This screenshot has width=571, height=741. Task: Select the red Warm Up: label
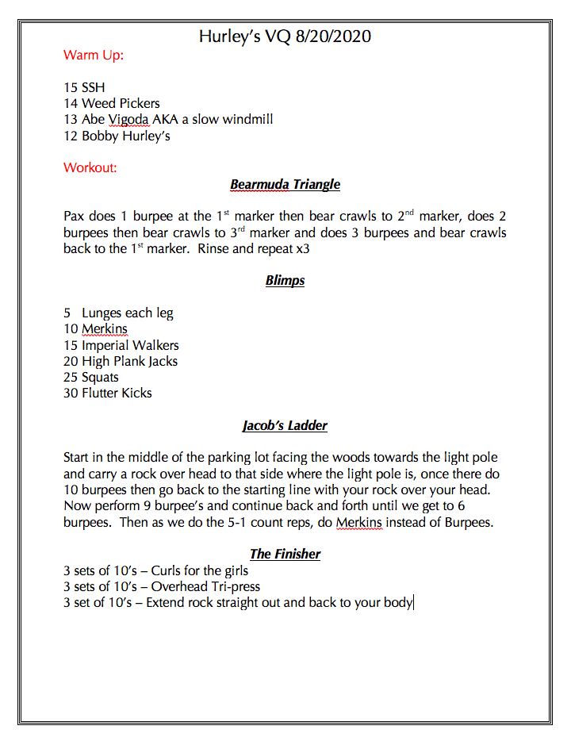(94, 56)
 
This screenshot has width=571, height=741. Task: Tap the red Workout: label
(90, 167)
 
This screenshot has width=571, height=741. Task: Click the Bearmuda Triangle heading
(285, 185)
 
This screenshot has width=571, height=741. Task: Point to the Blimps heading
(285, 280)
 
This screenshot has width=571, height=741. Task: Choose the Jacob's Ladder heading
(285, 425)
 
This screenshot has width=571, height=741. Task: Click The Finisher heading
(285, 554)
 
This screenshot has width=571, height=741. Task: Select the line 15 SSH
(84, 87)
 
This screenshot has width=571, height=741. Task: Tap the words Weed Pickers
(121, 103)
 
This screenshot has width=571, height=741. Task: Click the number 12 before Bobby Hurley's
(71, 136)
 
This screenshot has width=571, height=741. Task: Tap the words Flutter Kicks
(117, 393)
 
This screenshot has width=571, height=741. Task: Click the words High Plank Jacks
(129, 361)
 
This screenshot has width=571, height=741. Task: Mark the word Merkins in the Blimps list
(104, 328)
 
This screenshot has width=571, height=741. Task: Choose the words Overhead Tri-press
(205, 586)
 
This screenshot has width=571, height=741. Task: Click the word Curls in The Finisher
(167, 570)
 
